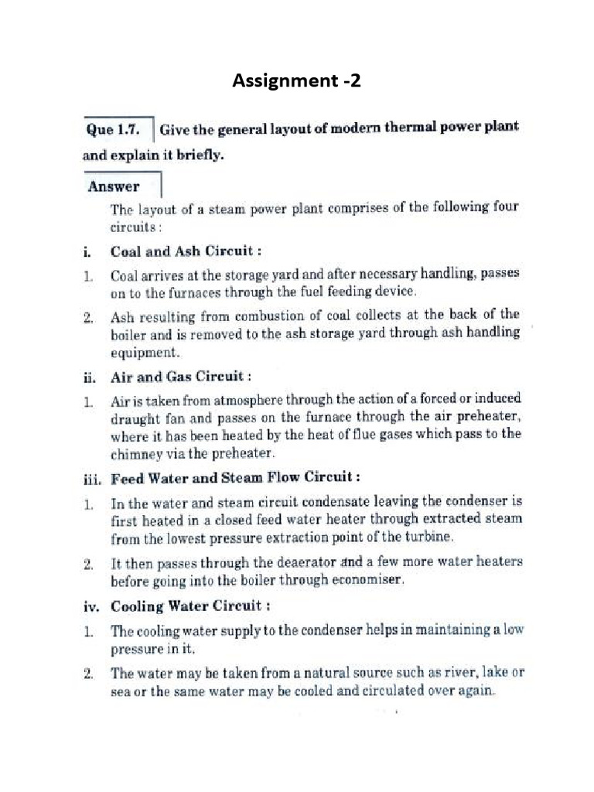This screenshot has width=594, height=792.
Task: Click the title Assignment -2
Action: pos(297,80)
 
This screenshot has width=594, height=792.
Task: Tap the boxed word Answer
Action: pos(114,186)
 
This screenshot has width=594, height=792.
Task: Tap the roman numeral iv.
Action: pos(92,606)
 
